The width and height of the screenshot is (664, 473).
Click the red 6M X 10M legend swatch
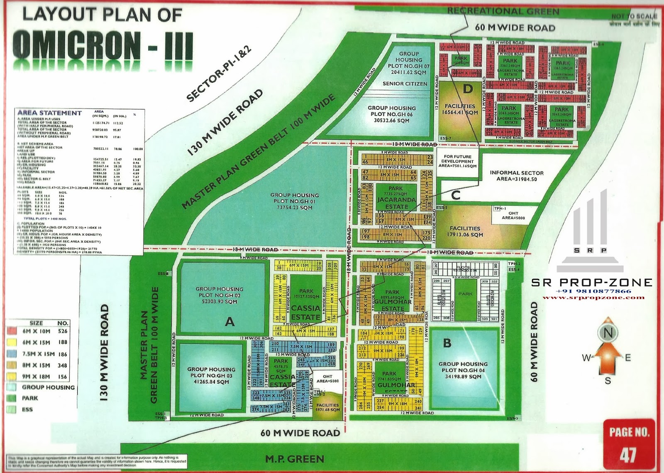pos(11,331)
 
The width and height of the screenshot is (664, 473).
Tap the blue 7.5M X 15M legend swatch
pos(11,354)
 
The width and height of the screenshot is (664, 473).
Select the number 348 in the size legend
pos(63,365)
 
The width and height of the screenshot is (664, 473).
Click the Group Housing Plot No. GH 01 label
pos(295,201)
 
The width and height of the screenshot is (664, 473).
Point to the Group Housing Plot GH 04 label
pos(463,370)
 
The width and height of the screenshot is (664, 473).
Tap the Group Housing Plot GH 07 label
pos(408,63)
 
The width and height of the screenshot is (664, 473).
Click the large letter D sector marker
pos(468,89)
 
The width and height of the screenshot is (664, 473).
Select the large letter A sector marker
pos(229,321)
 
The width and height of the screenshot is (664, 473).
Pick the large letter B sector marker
pos(447,343)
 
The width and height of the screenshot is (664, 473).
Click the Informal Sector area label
pos(517,176)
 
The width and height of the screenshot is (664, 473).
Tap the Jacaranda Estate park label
pos(396,200)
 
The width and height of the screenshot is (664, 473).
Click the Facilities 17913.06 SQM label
pos(465,232)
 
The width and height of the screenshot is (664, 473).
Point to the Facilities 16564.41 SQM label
pos(460,109)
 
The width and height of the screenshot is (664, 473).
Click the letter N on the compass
pos(608,333)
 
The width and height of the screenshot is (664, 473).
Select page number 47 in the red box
pos(628,455)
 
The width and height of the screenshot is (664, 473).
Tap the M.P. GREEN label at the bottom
pos(295,459)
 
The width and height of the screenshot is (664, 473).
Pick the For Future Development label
pos(458,161)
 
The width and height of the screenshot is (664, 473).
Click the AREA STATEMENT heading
pos(49,113)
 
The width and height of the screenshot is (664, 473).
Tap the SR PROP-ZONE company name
pos(592,283)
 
